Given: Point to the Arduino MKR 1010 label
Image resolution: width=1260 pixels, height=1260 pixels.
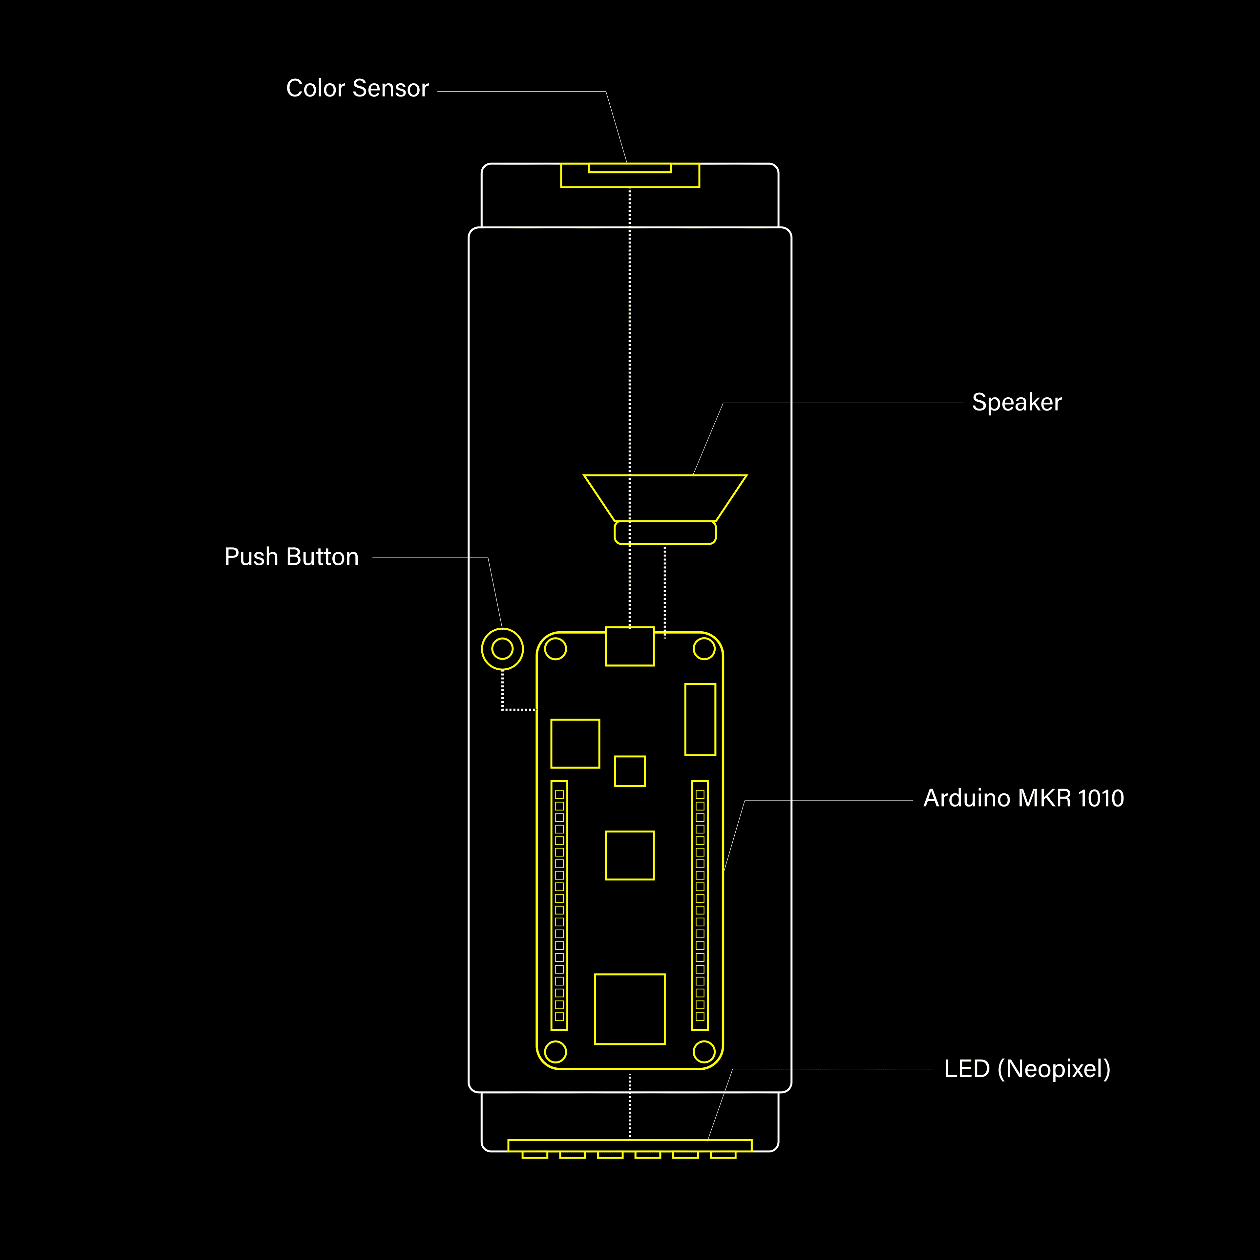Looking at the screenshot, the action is pyautogui.click(x=1023, y=798).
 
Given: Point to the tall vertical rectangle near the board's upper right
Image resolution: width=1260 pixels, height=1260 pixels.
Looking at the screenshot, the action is pyautogui.click(x=700, y=719).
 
